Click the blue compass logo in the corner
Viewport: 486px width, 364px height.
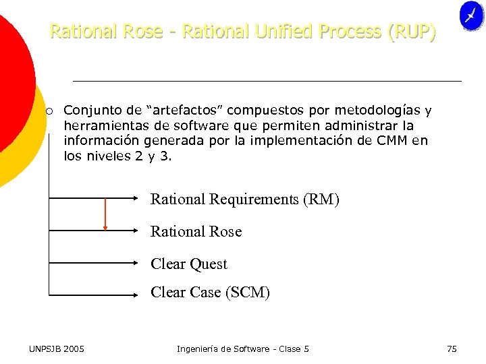(x=471, y=16)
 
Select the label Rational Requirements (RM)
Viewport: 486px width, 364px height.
(x=244, y=200)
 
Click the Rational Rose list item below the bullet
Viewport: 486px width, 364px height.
(x=196, y=232)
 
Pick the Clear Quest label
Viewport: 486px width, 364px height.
(x=189, y=264)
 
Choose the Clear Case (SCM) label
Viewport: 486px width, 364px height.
(x=210, y=293)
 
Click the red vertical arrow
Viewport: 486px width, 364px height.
(x=105, y=214)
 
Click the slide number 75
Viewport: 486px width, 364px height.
(x=452, y=348)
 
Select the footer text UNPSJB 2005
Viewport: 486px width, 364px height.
(x=57, y=348)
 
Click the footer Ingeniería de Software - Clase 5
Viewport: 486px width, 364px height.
(x=243, y=348)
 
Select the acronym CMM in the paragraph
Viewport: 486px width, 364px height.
(x=394, y=141)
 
